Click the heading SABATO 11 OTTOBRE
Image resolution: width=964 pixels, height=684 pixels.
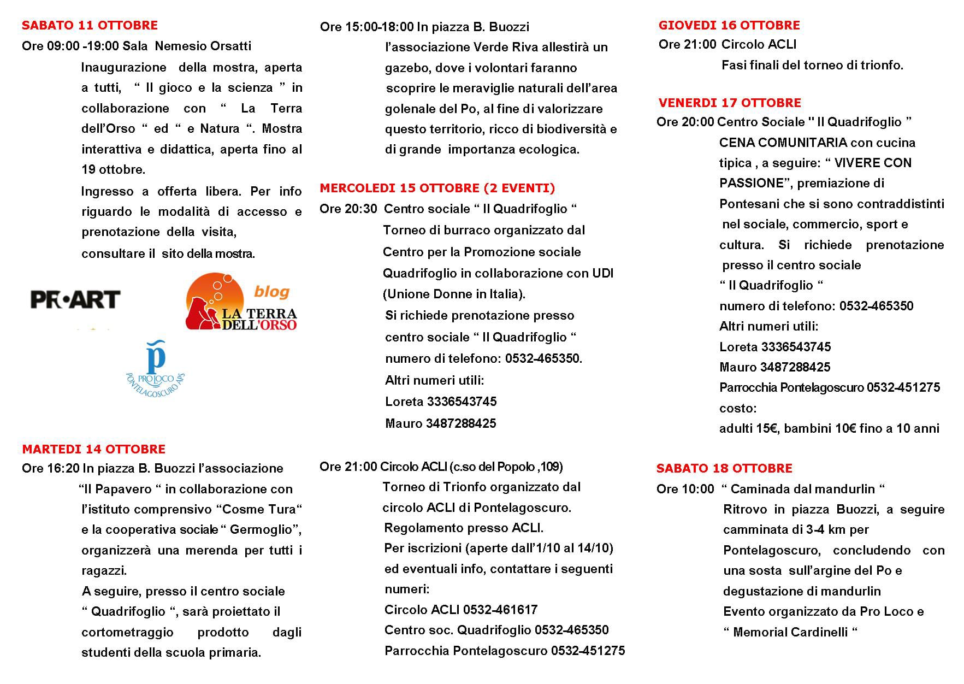90,25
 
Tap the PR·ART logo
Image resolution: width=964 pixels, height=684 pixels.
75,299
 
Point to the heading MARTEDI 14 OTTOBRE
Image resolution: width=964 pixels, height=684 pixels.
93,449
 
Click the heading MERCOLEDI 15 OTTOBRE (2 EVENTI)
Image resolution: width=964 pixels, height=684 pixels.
437,188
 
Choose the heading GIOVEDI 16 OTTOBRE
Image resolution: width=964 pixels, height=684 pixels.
729,25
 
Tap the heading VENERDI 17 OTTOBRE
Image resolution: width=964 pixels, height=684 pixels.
729,103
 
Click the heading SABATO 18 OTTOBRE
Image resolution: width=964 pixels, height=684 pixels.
724,468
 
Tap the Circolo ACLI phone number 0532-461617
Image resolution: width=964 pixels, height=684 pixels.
500,610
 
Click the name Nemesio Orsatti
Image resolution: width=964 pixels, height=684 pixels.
203,46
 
